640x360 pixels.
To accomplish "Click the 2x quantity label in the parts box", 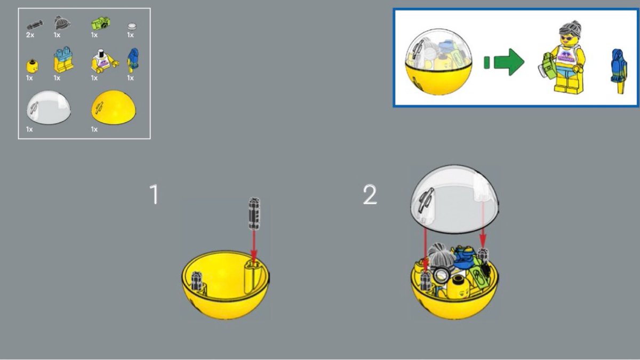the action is (x=30, y=35).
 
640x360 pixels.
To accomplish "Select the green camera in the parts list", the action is (x=101, y=23).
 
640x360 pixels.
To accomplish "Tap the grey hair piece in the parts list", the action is (x=62, y=23).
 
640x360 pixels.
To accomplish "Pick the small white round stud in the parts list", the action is (x=132, y=26).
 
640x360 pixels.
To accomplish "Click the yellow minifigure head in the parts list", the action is (x=32, y=66).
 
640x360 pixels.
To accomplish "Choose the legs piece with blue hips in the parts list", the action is (x=63, y=59).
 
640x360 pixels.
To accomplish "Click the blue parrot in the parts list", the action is (x=133, y=60).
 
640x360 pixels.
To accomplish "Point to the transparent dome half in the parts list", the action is (x=49, y=107).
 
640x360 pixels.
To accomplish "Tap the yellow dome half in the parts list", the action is (x=114, y=107).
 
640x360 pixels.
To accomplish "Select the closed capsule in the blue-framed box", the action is (x=438, y=62).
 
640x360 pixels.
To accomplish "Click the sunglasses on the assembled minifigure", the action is (x=566, y=38).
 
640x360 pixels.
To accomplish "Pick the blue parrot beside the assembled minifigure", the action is (x=618, y=71).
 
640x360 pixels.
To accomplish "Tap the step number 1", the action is (x=154, y=194).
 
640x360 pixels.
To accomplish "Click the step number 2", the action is (x=370, y=195).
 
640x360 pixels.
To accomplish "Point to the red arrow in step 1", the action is (x=254, y=246).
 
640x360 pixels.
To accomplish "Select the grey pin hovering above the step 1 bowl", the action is (x=254, y=214).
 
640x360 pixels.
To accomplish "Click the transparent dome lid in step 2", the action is (x=454, y=199).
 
